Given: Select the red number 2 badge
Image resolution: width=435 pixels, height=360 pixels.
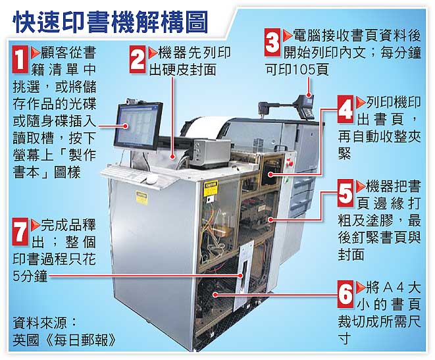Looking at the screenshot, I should [x=137, y=59].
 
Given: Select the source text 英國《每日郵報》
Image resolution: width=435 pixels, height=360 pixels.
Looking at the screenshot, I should [x=65, y=340].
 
